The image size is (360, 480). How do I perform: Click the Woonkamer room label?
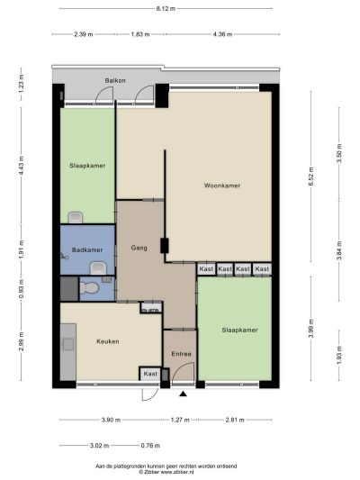click(222, 186)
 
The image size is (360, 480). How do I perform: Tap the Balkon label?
click(115, 80)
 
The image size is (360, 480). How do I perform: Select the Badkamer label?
click(87, 249)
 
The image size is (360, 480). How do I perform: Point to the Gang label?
click(139, 248)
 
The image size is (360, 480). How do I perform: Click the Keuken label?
click(108, 341)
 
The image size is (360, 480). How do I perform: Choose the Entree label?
click(182, 354)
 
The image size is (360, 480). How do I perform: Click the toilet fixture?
click(89, 288)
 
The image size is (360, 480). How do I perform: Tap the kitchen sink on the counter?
click(67, 344)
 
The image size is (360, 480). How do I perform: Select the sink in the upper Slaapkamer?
click(76, 217)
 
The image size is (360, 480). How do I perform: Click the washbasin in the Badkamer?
click(98, 268)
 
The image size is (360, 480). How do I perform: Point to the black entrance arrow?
click(183, 394)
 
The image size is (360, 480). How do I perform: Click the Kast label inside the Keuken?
click(150, 374)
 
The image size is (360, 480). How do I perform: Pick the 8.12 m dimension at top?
click(166, 9)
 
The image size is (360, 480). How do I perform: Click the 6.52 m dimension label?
click(310, 177)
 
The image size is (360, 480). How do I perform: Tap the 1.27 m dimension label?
click(180, 420)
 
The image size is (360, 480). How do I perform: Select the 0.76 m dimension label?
click(150, 446)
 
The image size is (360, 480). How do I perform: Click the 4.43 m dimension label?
click(21, 166)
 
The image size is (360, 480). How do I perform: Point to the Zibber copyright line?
click(166, 472)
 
